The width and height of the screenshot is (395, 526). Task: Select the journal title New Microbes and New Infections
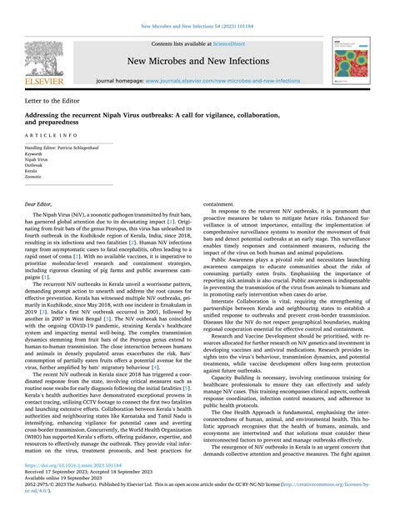[x=198, y=61]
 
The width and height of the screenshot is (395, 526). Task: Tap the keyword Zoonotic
[x=34, y=177]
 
